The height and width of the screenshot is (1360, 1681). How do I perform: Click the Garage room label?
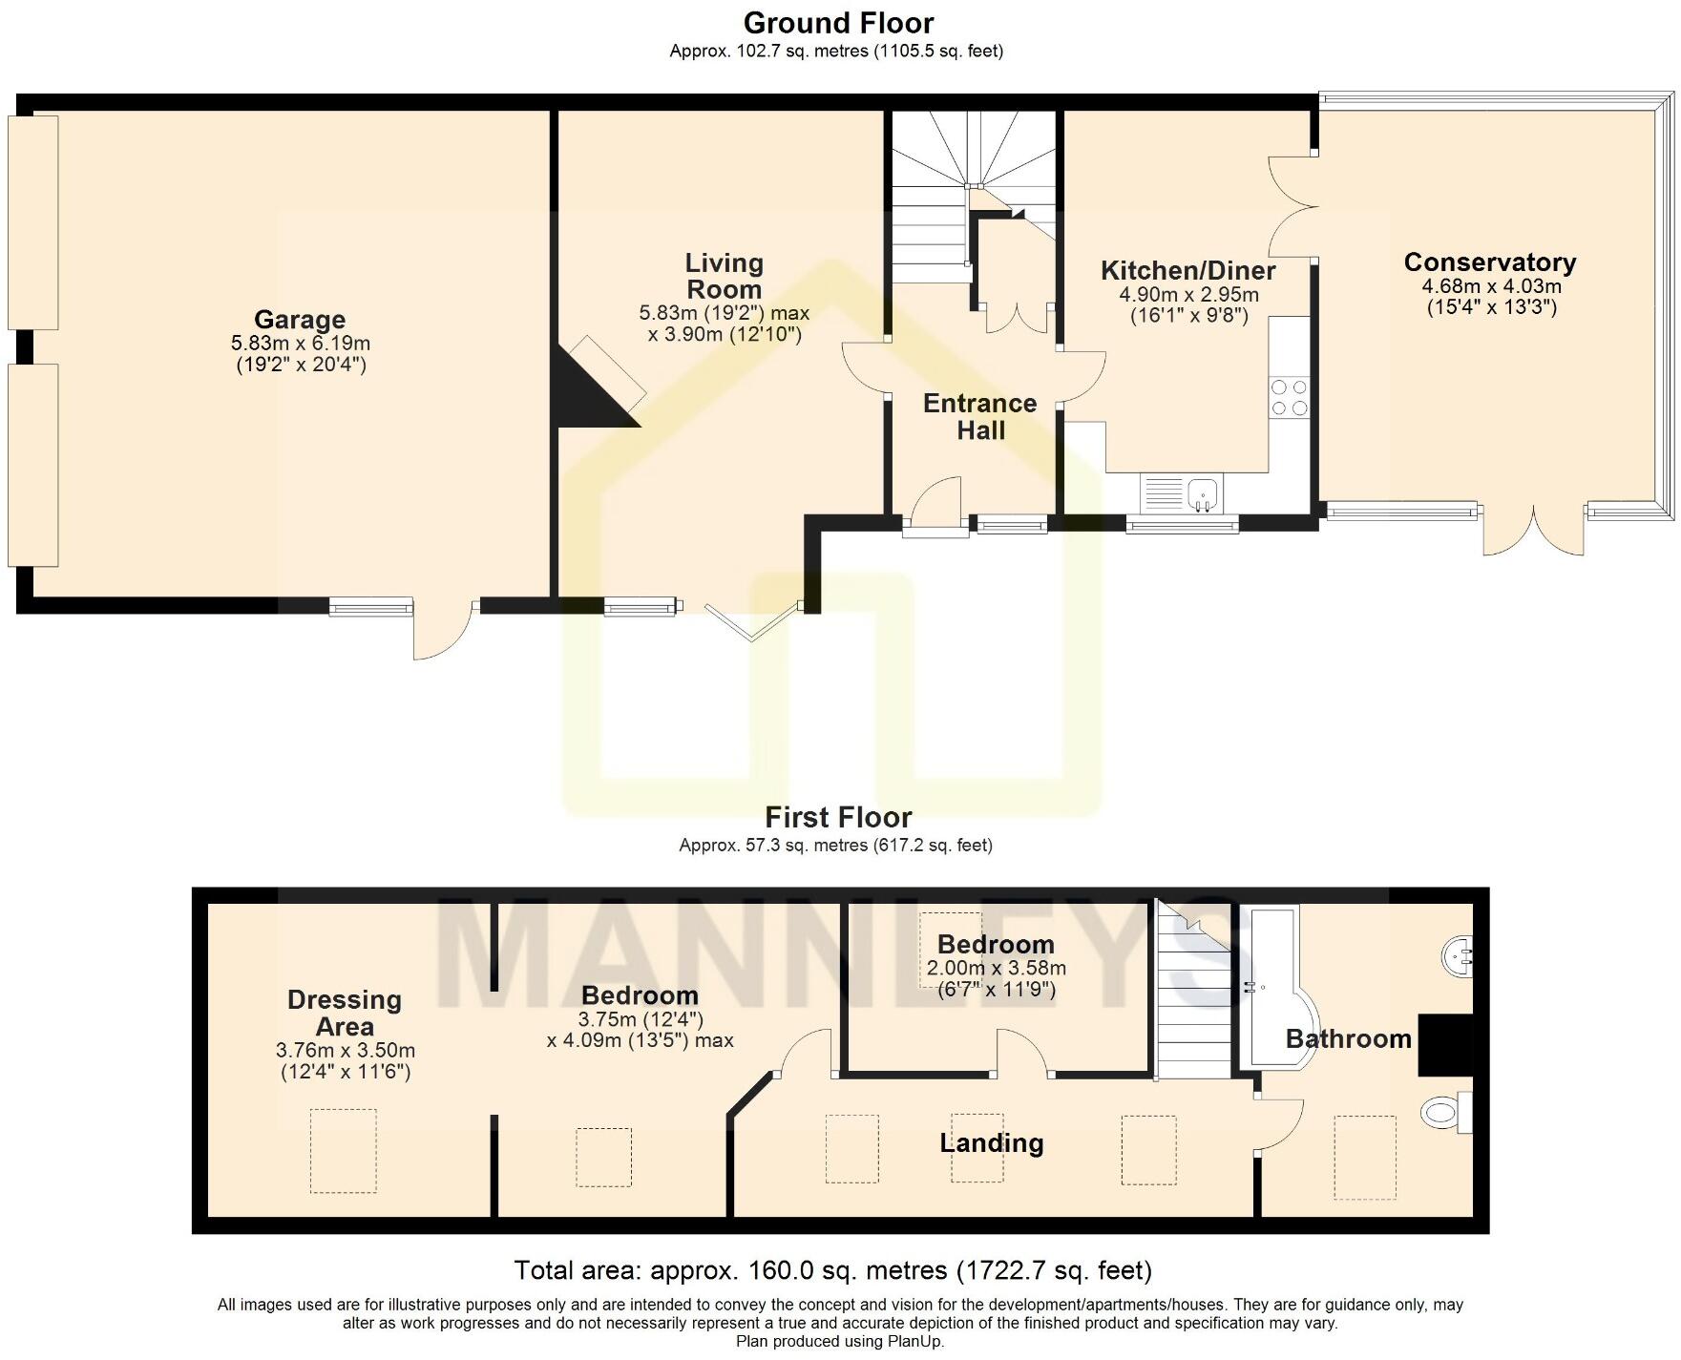(x=299, y=320)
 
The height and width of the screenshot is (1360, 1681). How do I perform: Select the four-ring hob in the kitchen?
(x=1289, y=397)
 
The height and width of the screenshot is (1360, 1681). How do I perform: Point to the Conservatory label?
(x=1489, y=262)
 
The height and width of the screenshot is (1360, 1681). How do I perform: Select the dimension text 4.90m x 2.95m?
(x=1188, y=295)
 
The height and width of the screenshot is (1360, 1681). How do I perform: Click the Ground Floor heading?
(x=838, y=23)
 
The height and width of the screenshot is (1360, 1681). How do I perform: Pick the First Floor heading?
(x=838, y=817)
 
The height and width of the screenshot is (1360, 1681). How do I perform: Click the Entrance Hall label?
(x=980, y=416)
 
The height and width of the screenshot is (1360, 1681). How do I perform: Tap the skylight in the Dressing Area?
(x=343, y=1150)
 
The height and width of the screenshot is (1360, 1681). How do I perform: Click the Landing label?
(x=991, y=1142)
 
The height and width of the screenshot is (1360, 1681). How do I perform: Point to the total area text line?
(x=832, y=1270)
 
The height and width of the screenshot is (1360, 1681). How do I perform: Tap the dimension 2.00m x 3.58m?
(x=996, y=968)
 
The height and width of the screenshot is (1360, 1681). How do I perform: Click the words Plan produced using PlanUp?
(x=840, y=1341)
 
